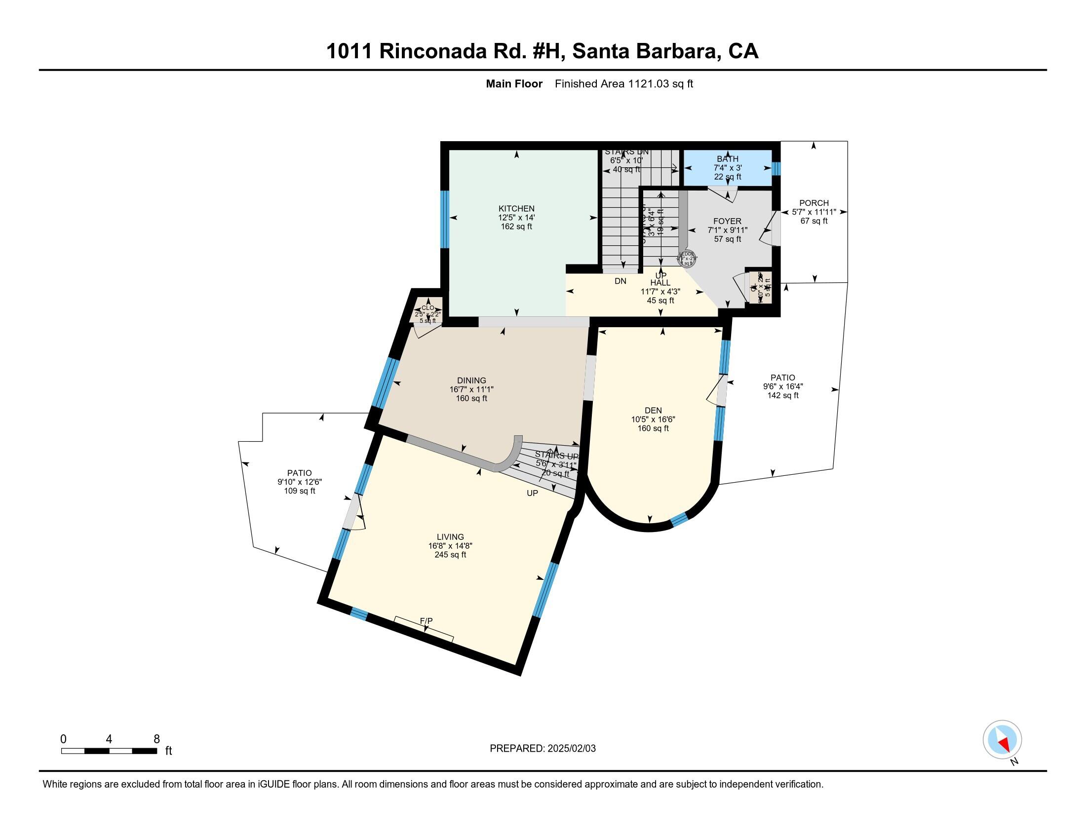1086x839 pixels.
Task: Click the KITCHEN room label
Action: pos(516,209)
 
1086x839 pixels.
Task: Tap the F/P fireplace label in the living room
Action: pos(426,621)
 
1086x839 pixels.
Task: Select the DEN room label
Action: pos(653,410)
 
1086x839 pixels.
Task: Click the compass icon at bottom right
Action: pos(1002,740)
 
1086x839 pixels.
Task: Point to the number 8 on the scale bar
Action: pos(156,739)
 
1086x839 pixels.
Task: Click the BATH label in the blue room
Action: pos(728,159)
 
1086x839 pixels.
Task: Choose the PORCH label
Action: pos(814,203)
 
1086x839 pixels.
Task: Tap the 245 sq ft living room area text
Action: pos(450,555)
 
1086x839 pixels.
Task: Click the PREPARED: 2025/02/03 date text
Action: pos(543,749)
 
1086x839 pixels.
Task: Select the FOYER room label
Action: pos(727,221)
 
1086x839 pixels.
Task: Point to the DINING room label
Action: pos(471,381)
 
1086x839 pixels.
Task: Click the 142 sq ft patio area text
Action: pos(783,396)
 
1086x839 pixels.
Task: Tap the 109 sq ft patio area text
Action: pos(299,491)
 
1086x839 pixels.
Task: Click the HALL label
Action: pos(660,283)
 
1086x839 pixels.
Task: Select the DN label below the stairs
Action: pos(620,281)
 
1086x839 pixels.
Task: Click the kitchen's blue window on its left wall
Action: pos(445,219)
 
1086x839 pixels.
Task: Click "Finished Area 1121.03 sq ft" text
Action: pos(623,84)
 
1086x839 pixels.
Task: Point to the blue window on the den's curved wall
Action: pos(679,519)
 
